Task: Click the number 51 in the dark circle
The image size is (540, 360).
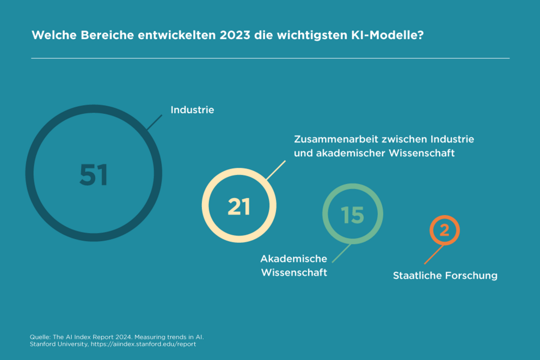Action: [94, 175]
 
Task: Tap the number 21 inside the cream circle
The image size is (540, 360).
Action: [239, 207]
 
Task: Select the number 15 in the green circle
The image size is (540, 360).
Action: [352, 215]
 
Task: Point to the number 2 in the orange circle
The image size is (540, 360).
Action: [444, 230]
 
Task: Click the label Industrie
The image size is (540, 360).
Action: [192, 110]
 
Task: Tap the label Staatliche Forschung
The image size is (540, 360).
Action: [445, 276]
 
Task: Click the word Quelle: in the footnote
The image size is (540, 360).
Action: [40, 337]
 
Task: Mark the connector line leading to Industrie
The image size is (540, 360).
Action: [155, 122]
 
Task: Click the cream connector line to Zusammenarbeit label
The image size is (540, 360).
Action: [275, 170]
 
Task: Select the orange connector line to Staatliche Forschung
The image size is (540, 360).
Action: [433, 254]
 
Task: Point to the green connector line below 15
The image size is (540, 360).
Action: [342, 252]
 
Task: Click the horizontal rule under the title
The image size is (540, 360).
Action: [270, 58]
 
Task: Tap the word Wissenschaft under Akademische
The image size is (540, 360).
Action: [294, 272]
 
